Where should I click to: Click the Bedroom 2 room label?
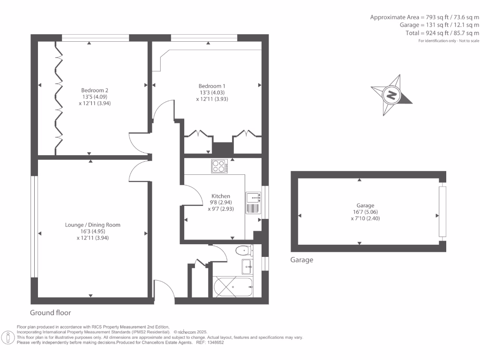point(91,90)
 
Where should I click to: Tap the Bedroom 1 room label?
point(212,86)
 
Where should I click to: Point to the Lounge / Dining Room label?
point(92,225)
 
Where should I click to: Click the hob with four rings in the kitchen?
point(219,166)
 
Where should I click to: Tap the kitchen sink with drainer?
point(253,202)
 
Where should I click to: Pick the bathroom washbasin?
point(247,267)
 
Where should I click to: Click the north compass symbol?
point(391,95)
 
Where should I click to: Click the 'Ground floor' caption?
point(51,313)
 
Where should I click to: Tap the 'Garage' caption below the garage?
point(301,260)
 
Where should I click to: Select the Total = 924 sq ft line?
point(442,33)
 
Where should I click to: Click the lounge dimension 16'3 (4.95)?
point(92,231)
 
